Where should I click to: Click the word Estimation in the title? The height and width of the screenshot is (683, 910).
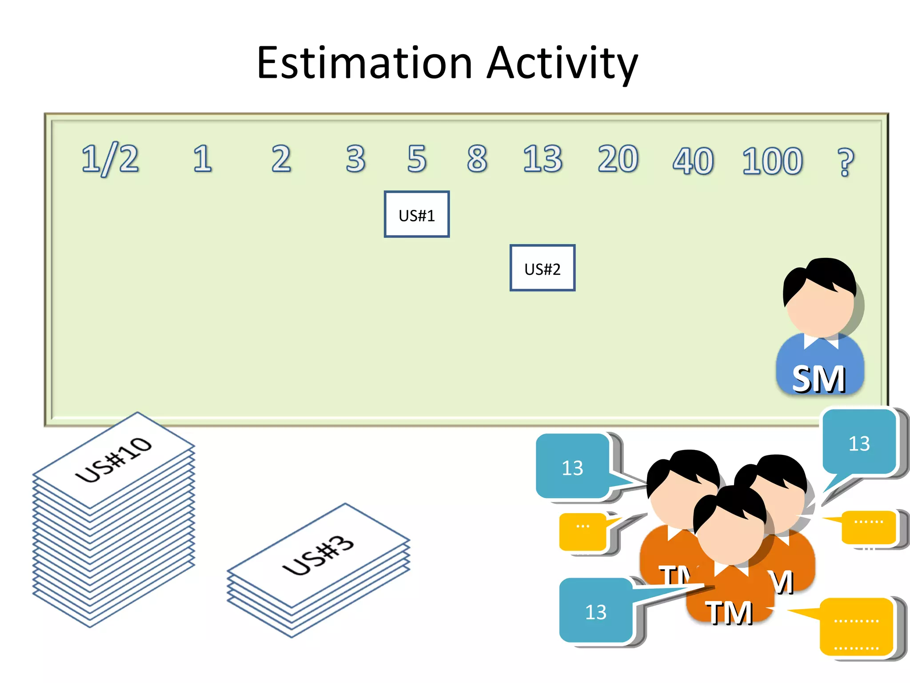tap(364, 63)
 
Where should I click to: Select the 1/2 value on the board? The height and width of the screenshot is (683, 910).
tap(110, 159)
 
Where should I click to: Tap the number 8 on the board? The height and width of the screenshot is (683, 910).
tap(477, 159)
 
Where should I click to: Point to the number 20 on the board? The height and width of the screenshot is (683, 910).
tap(618, 159)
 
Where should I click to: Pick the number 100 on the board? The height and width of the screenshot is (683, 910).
tap(772, 161)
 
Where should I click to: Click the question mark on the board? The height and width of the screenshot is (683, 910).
tap(845, 162)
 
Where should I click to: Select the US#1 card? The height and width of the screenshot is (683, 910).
tap(416, 214)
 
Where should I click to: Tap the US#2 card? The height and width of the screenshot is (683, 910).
tap(542, 268)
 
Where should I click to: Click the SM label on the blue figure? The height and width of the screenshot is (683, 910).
tap(818, 379)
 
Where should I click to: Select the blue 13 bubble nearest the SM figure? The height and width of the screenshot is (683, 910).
tap(858, 443)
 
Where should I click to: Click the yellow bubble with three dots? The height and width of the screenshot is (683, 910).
tap(583, 530)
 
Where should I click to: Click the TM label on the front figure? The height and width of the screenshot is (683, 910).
tap(729, 612)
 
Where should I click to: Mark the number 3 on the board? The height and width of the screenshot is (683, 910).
tap(355, 159)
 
